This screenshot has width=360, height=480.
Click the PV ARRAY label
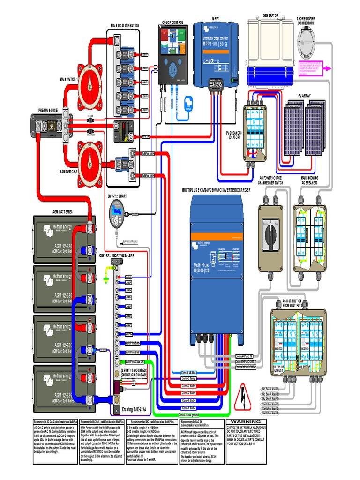[304, 96]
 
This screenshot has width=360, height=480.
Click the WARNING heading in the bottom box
[248, 422]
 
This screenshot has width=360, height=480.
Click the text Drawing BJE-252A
[134, 409]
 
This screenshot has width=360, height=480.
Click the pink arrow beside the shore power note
[327, 68]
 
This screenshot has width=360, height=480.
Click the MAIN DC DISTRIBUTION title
[125, 25]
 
